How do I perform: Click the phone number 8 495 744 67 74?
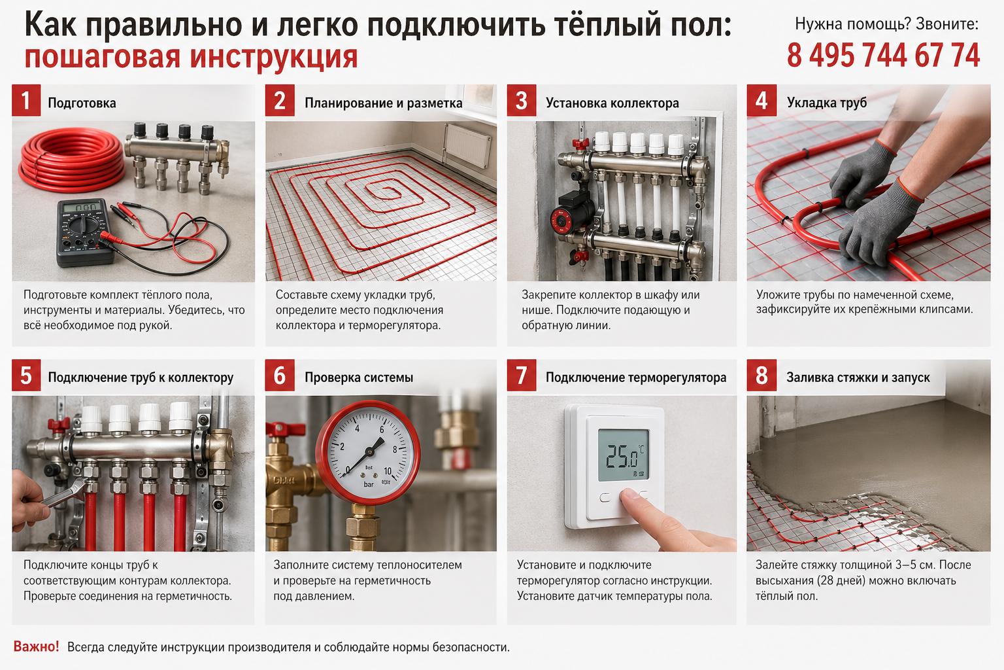click(x=883, y=56)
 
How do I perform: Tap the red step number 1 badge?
click(x=26, y=101)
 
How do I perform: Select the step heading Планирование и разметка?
click(x=383, y=103)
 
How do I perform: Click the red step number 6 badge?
click(x=280, y=376)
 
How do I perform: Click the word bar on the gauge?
click(x=369, y=485)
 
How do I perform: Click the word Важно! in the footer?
click(x=36, y=646)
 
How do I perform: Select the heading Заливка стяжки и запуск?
click(x=858, y=378)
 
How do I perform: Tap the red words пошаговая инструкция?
click(x=191, y=57)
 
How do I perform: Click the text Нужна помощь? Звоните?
click(x=886, y=24)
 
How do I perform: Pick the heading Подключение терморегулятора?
click(x=635, y=378)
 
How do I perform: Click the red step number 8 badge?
click(x=761, y=376)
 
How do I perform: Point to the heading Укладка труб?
click(x=826, y=103)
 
